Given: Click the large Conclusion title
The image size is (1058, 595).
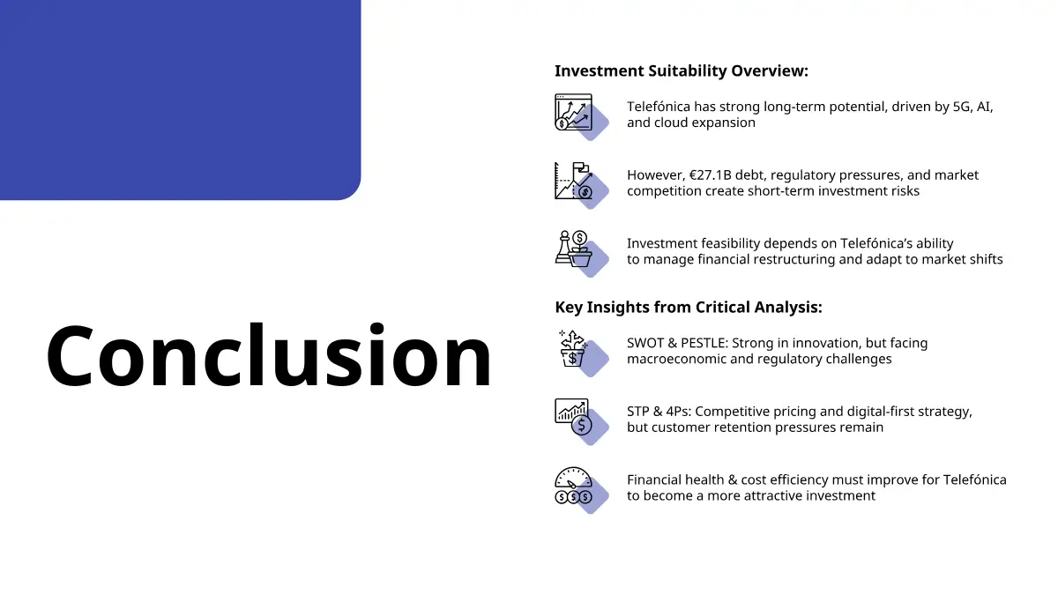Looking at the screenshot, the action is point(269,355).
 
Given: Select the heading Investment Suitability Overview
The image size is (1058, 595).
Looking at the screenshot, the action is point(681,71).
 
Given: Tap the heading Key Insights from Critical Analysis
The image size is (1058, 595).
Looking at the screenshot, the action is point(689,308).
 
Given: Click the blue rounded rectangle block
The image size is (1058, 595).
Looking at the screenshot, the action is point(181,100).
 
